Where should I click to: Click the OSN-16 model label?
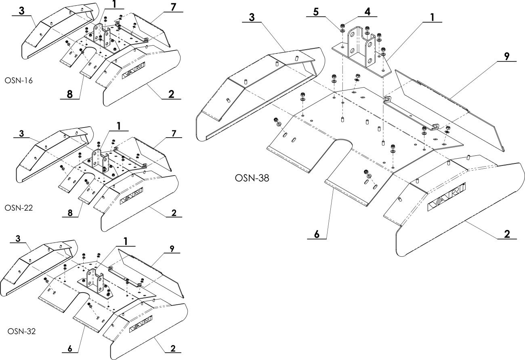click(x=19, y=80)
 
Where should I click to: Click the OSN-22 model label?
click(x=19, y=208)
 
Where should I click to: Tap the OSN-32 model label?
click(x=22, y=331)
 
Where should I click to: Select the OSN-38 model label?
click(x=252, y=178)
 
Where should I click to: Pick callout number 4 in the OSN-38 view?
click(x=367, y=11)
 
